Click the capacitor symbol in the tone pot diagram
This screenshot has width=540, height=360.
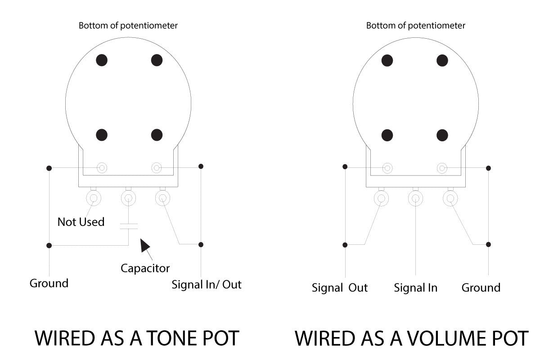(128, 226)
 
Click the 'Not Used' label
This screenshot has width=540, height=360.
(81, 222)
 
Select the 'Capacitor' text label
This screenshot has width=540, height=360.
(145, 269)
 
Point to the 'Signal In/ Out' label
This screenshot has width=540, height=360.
(207, 284)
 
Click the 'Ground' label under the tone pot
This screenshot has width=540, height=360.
(49, 283)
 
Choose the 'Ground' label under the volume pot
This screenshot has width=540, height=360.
(481, 288)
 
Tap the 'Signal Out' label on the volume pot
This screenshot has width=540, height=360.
(340, 288)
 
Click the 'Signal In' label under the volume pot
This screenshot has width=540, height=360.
(415, 288)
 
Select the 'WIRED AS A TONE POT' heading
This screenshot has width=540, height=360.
(137, 338)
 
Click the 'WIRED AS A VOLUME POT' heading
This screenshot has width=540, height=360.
(412, 338)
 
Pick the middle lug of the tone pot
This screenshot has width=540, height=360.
(128, 198)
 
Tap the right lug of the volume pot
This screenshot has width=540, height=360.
(450, 198)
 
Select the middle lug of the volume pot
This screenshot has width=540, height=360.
(415, 198)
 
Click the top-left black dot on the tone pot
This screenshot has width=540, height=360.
(102, 60)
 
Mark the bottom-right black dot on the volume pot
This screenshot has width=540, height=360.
(442, 135)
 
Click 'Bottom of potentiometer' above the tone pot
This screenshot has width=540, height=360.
(128, 26)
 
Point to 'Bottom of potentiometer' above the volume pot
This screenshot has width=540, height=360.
(415, 26)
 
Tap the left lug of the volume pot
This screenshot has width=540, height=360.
(381, 198)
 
